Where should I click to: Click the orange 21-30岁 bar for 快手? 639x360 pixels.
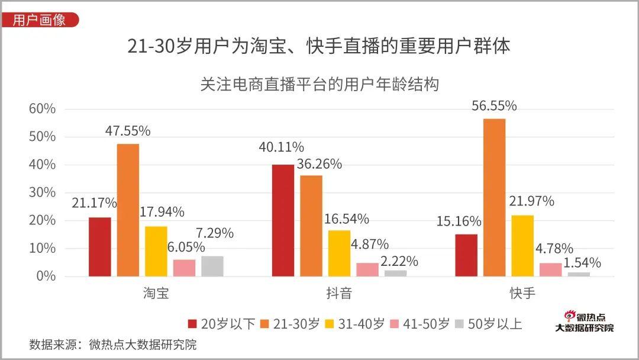click(494, 197)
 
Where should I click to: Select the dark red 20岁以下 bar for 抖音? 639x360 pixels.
click(283, 220)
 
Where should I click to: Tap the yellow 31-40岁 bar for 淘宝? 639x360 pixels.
click(156, 251)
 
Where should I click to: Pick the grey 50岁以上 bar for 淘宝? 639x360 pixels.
click(212, 266)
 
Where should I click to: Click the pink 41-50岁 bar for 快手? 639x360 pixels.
click(550, 269)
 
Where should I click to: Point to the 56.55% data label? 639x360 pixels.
click(494, 106)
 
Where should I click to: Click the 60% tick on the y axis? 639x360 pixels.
click(42, 109)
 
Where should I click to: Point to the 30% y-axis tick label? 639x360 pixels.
click(42, 192)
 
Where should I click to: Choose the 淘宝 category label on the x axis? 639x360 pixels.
click(156, 293)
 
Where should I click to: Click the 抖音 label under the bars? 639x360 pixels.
click(339, 293)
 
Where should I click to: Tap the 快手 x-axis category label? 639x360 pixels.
click(522, 293)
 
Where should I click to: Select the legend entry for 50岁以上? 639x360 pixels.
click(488, 324)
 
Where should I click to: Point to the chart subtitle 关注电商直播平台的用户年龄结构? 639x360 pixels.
click(319, 84)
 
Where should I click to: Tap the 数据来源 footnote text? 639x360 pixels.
click(112, 345)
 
